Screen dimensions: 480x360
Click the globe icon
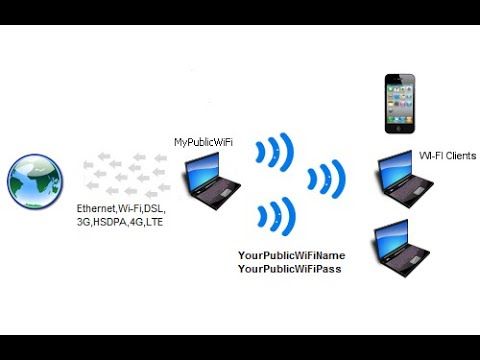(35, 181)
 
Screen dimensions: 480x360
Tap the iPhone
(400, 104)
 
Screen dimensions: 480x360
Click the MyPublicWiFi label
(203, 142)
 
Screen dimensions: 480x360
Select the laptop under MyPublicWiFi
(211, 181)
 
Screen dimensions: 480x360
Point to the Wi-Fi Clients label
(447, 156)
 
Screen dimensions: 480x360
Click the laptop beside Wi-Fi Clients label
(405, 179)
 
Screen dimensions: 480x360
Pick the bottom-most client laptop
(401, 248)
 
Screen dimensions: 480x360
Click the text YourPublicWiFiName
(292, 255)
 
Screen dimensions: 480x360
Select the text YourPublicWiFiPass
(290, 269)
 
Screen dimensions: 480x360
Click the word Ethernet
(96, 209)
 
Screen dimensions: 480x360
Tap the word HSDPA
(110, 222)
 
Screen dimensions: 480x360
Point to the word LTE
(154, 222)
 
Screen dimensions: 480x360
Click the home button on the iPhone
(400, 128)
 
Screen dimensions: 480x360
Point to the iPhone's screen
(400, 104)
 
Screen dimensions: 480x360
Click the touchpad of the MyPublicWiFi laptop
(225, 193)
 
